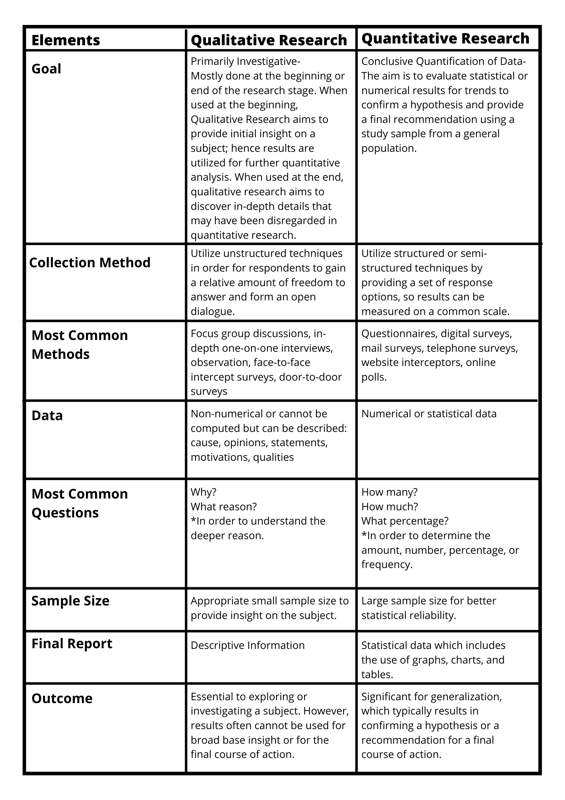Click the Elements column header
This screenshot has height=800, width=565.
point(66,40)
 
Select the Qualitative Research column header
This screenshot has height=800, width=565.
point(269,40)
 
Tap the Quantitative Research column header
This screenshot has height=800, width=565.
point(445,38)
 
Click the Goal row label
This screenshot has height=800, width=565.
point(46,69)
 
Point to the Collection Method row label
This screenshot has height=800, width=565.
point(90,263)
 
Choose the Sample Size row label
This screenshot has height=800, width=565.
point(70,601)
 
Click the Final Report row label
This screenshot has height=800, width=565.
point(72,644)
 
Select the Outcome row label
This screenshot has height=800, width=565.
point(62,698)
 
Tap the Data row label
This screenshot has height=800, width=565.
point(47,416)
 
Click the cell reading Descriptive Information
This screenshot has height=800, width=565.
point(247,645)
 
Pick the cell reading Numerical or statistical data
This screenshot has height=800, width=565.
point(429,414)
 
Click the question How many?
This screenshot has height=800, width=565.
point(389,492)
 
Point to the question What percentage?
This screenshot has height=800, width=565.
point(405,521)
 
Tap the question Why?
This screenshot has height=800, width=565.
point(203,492)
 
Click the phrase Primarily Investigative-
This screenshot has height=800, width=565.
point(246,61)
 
